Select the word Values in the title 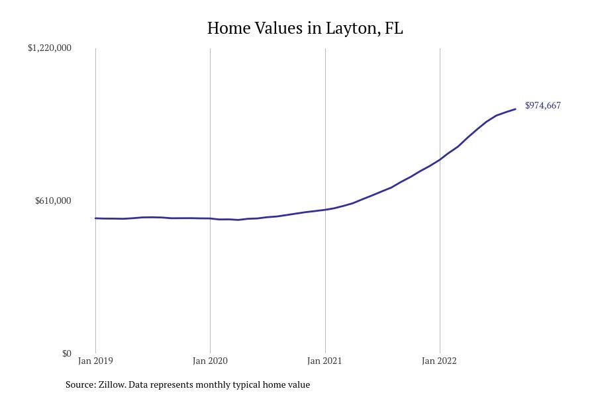click(280, 28)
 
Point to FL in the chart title click(393, 28)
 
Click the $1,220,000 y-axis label click(50, 48)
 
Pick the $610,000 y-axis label click(53, 200)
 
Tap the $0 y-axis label click(66, 353)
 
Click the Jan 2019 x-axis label click(95, 361)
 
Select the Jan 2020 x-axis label click(210, 361)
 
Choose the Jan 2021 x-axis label click(325, 361)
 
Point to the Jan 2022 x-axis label click(440, 361)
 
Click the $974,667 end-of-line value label click(543, 105)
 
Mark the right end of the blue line click(515, 109)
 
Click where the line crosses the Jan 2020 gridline click(210, 218)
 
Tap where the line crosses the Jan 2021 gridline click(325, 210)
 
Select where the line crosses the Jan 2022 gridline click(440, 159)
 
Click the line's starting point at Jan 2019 click(95, 218)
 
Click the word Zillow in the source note click(112, 384)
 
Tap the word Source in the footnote click(80, 384)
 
